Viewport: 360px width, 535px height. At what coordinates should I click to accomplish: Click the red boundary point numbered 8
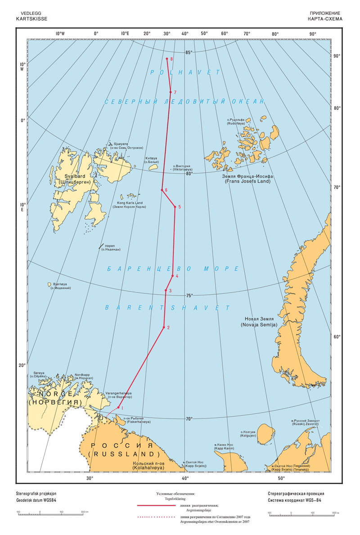click(167, 58)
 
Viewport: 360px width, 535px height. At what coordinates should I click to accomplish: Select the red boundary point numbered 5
click(175, 207)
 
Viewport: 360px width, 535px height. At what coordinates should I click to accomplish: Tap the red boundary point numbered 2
click(164, 327)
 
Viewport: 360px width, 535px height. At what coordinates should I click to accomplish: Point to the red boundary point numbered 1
click(118, 408)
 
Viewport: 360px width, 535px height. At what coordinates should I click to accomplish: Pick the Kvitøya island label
click(152, 160)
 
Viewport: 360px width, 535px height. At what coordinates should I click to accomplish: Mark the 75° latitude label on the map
click(189, 296)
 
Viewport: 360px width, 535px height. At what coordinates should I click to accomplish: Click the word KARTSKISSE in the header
click(31, 19)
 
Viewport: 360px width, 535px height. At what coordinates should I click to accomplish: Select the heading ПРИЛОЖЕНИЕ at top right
click(326, 14)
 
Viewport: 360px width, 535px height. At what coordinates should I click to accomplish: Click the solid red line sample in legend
click(155, 506)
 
